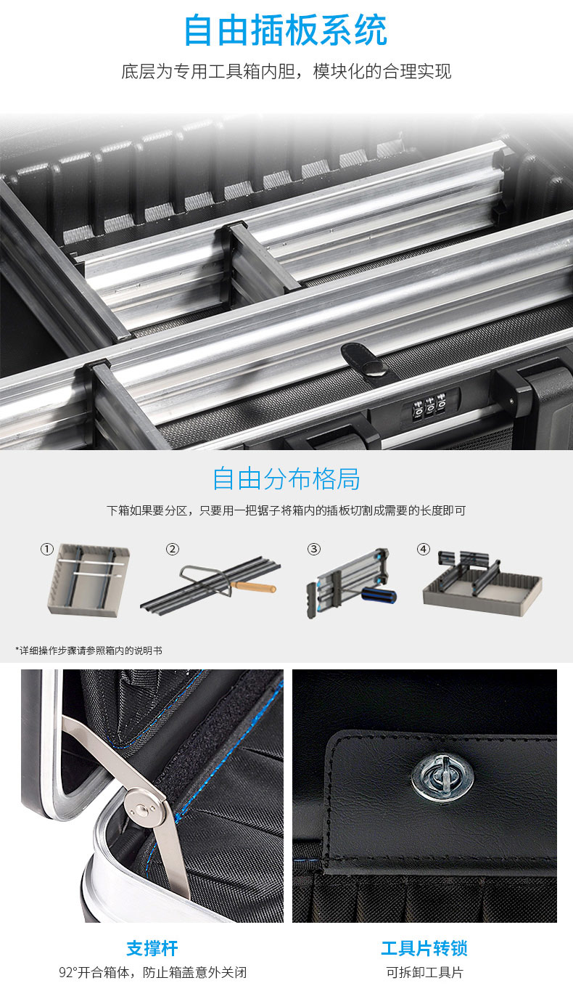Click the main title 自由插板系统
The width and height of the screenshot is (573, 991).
click(x=286, y=30)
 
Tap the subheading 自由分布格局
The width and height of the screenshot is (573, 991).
click(x=286, y=478)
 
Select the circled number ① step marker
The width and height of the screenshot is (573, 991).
click(x=47, y=549)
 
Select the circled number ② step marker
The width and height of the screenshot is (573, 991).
click(x=172, y=549)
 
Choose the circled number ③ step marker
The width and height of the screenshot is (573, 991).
click(x=314, y=549)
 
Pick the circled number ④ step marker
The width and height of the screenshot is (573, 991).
click(x=423, y=549)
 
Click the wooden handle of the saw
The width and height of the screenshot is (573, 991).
click(x=253, y=587)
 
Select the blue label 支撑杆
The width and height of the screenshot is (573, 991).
click(x=152, y=948)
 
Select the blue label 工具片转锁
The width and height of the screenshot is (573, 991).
click(x=424, y=948)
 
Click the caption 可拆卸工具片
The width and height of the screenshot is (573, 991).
click(x=424, y=972)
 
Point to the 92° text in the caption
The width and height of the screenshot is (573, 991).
click(x=68, y=972)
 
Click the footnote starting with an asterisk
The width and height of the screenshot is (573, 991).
click(x=89, y=651)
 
